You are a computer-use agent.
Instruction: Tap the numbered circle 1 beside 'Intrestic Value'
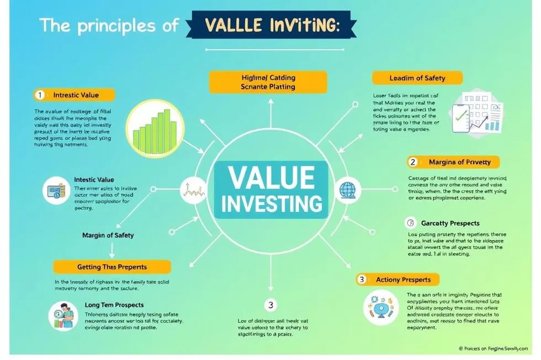pos(39,95)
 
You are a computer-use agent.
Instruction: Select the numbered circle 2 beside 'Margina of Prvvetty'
pos(412,162)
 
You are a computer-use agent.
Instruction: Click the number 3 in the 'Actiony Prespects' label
pos(362,280)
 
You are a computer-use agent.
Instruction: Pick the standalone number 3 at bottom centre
pos(270,304)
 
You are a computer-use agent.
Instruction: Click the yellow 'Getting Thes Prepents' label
pos(112,267)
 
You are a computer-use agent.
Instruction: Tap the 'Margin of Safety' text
pos(108,235)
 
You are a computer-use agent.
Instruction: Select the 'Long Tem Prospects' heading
pos(114,304)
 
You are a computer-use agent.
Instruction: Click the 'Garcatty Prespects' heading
pos(450,223)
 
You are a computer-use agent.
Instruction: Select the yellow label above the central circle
pos(268,82)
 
